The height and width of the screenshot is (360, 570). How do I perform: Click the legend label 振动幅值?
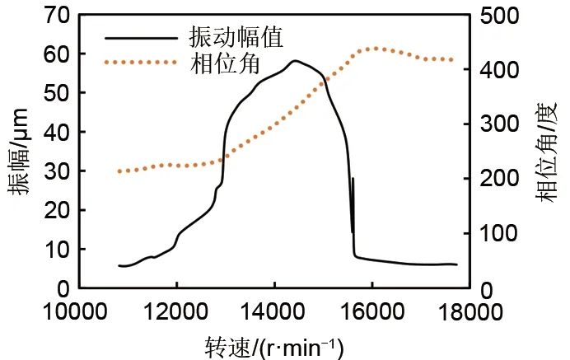(231, 38)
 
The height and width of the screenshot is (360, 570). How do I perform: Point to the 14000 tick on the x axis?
(274, 312)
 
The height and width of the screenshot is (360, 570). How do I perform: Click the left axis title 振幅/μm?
(19, 152)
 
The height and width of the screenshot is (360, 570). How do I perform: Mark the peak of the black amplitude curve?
(294, 61)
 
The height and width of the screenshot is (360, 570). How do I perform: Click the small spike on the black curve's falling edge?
(353, 179)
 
